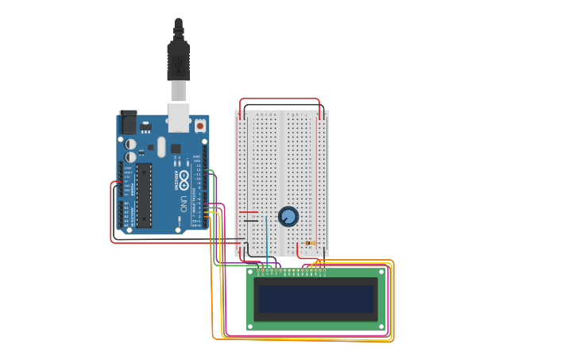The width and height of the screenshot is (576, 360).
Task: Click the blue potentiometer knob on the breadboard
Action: coord(288,216)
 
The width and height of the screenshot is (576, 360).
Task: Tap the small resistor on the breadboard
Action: coord(311,242)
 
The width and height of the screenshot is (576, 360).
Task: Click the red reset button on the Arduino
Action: coord(199,126)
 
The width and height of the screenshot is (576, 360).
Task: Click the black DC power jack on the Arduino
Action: coord(127,122)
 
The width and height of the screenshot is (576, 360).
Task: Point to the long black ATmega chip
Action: coord(144,195)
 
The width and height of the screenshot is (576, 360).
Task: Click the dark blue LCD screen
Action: coord(315,300)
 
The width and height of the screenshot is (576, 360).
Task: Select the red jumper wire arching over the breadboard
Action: coord(280,99)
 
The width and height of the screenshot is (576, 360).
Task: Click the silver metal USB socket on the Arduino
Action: coord(179,118)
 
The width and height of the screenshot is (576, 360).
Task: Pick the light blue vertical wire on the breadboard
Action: coord(267,238)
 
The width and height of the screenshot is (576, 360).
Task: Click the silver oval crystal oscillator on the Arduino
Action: coord(161,147)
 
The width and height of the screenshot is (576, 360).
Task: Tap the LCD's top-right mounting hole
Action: coord(381,272)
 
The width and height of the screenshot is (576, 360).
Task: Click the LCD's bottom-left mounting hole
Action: coord(250,326)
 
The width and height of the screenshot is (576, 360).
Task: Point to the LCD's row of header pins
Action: coord(291,270)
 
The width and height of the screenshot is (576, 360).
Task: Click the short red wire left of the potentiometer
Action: coord(249,212)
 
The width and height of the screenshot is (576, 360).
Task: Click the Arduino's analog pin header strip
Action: coord(121,214)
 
